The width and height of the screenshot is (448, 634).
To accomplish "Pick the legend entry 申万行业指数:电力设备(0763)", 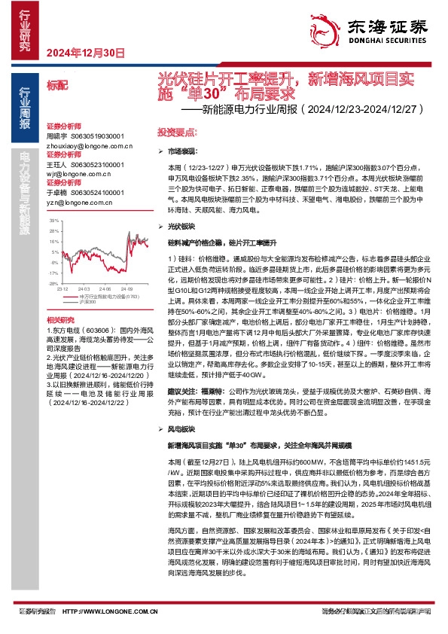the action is [110, 294].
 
